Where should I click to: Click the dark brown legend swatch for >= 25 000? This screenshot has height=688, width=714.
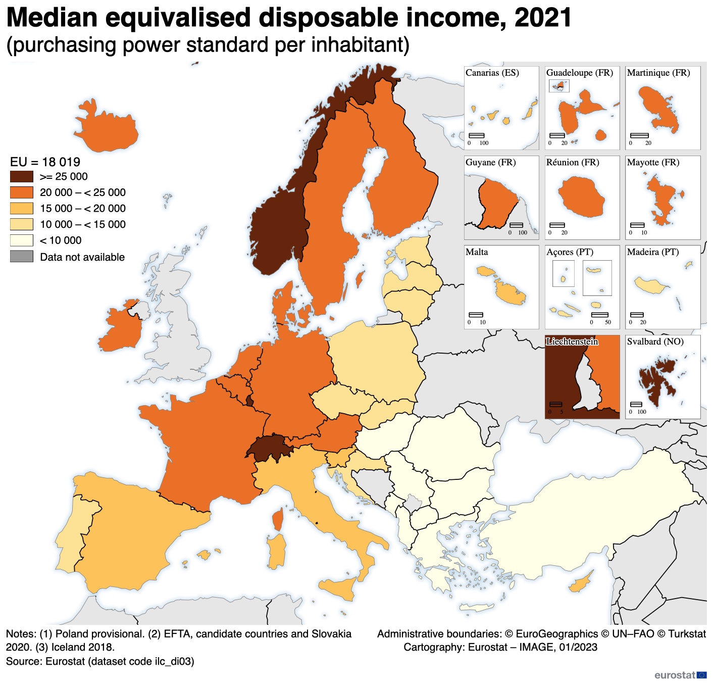point(21,176)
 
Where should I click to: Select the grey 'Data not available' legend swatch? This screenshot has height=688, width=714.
point(21,257)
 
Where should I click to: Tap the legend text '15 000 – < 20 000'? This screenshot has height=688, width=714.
point(83,209)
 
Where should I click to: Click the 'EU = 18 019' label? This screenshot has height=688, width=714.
point(45,162)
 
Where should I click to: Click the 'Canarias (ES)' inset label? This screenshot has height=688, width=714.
point(492,73)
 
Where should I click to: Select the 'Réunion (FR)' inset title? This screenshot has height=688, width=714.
point(572,163)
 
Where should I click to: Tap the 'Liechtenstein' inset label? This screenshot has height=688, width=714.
point(572,342)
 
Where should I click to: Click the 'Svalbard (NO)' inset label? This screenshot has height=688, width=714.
point(655,342)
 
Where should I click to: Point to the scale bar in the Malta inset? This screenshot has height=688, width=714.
point(476,315)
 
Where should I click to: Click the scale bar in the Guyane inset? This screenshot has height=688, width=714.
point(516,225)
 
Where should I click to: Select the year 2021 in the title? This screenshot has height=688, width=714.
point(543,18)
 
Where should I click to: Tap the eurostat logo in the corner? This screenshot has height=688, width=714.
point(680,675)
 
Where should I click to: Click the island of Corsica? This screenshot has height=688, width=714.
point(278,520)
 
